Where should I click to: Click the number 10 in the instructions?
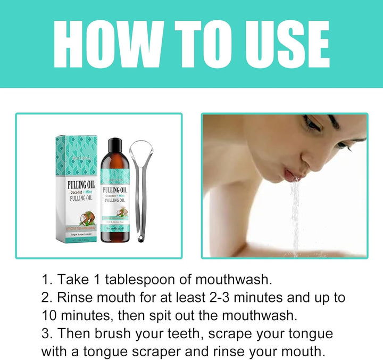[x=49, y=315]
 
